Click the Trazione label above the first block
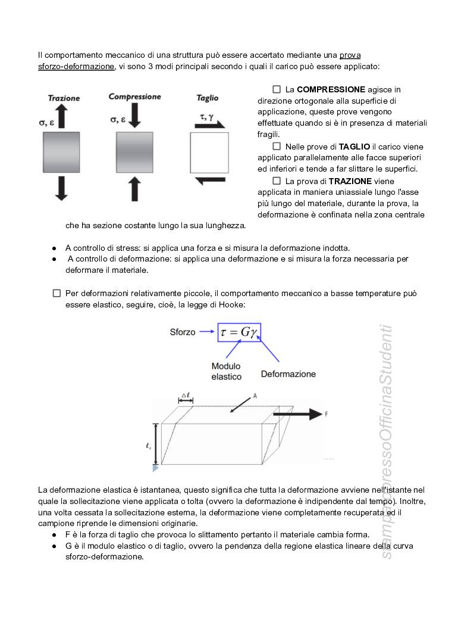(x=64, y=98)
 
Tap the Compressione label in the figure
(x=135, y=97)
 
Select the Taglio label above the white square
(x=208, y=98)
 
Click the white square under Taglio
(x=209, y=153)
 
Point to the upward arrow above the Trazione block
(x=61, y=116)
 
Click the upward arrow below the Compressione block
(x=134, y=189)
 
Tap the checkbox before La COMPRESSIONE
(x=277, y=89)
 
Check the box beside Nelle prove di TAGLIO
(x=277, y=146)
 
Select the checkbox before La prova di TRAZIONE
(x=277, y=181)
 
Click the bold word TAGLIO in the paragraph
(x=354, y=147)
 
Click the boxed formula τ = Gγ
(x=239, y=332)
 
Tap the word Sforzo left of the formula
(x=183, y=332)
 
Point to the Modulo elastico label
(x=226, y=371)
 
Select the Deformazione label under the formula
(x=288, y=374)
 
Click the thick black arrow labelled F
(x=297, y=414)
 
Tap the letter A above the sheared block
(x=255, y=396)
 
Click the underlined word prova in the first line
(x=350, y=55)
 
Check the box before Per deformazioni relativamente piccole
(x=57, y=293)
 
